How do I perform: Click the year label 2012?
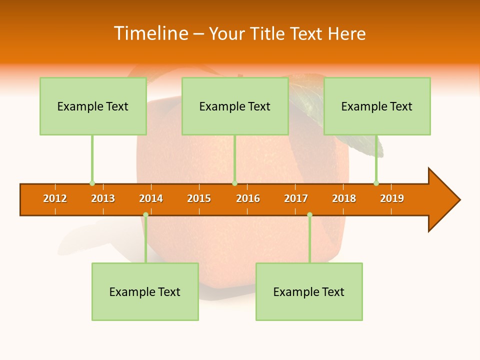click(x=55, y=198)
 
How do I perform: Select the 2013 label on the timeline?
click(x=103, y=198)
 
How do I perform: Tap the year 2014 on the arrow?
click(x=151, y=198)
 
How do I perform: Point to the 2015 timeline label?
click(x=199, y=198)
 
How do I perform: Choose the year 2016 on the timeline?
click(x=248, y=198)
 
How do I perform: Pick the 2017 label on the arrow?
click(x=296, y=198)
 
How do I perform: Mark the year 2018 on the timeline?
click(x=344, y=198)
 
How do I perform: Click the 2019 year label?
click(x=392, y=198)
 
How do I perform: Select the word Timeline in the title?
click(x=150, y=33)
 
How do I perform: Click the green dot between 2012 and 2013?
click(x=92, y=183)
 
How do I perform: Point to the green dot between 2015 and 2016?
click(x=234, y=183)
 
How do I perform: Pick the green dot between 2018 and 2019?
click(x=376, y=183)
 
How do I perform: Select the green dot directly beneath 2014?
click(x=145, y=215)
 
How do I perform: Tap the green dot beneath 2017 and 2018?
click(x=309, y=215)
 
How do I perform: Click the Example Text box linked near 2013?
click(x=93, y=106)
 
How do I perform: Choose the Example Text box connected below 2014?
click(x=145, y=291)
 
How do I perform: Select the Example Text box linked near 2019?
click(x=377, y=106)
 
